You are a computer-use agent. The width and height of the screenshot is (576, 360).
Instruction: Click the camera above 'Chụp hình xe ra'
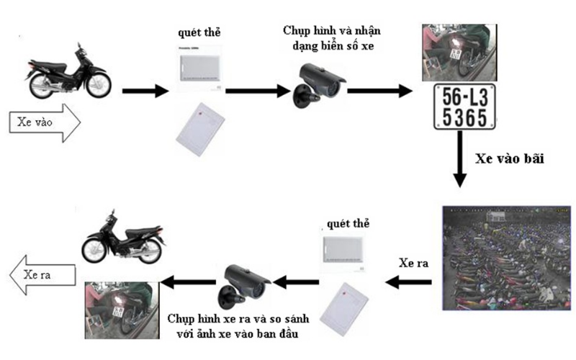click(x=243, y=282)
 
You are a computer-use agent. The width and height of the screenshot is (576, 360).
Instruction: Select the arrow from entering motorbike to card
click(x=144, y=91)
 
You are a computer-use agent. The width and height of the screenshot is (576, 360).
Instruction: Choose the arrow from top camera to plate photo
click(x=379, y=91)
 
